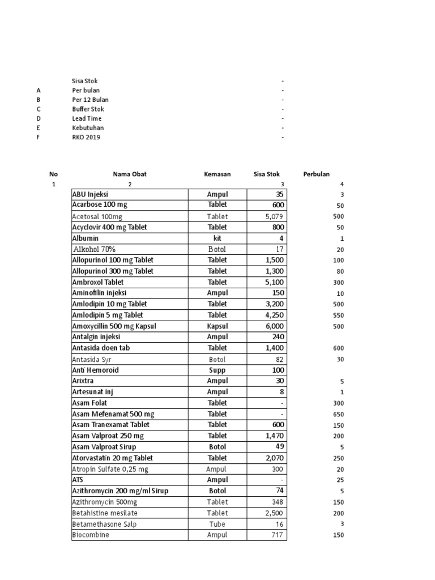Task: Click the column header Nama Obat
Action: click(129, 174)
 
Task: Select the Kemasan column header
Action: click(217, 174)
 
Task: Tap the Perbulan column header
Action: click(316, 174)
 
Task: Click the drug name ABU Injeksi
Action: click(90, 194)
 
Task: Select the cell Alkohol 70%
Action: click(95, 249)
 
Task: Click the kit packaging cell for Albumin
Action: click(217, 238)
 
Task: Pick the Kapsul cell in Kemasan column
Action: click(217, 326)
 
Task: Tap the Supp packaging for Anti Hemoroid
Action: click(217, 370)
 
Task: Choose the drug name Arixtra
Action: click(83, 381)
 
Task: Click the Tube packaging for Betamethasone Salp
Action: click(217, 524)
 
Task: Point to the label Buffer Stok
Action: click(88, 109)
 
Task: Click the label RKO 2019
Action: click(86, 138)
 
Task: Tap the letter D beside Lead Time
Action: click(39, 119)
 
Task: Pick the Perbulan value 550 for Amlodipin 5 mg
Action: click(338, 315)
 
